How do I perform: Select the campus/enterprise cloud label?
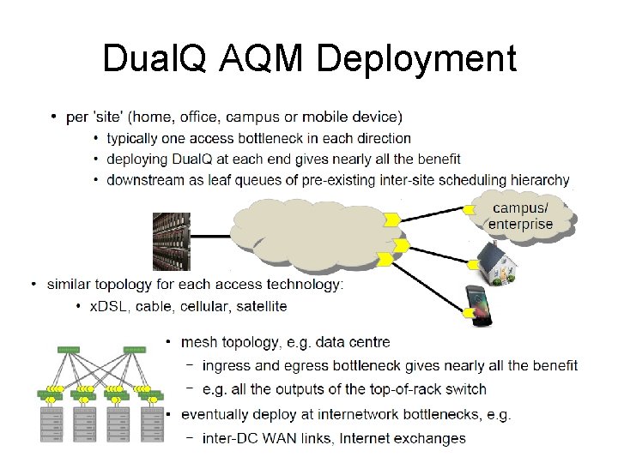[x=520, y=216]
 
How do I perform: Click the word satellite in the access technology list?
[x=258, y=306]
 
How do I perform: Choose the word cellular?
[x=192, y=306]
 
